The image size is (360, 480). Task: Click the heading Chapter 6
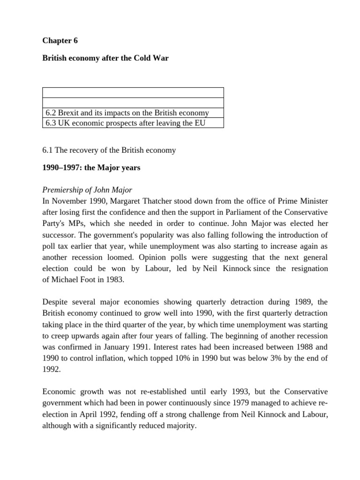[60, 41]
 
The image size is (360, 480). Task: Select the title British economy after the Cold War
[105, 59]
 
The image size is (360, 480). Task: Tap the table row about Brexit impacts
[127, 113]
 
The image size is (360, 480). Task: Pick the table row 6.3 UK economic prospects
[125, 123]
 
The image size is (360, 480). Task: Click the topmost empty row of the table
[133, 92]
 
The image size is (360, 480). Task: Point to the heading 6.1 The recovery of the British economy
[109, 150]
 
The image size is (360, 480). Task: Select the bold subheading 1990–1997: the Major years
[91, 168]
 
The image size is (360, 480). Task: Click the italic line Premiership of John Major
[87, 190]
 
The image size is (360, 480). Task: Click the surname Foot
[90, 280]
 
